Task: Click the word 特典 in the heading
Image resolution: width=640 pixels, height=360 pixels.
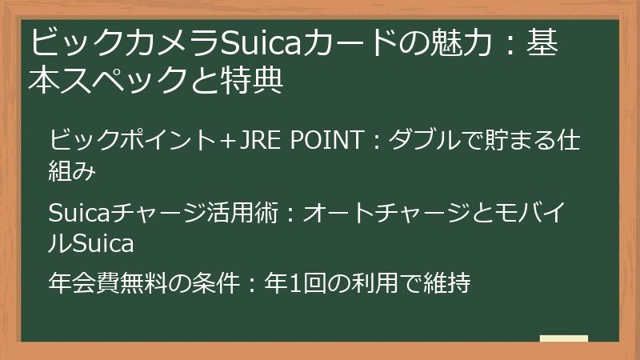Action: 257,81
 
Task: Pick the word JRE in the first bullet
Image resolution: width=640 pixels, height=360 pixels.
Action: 254,142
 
